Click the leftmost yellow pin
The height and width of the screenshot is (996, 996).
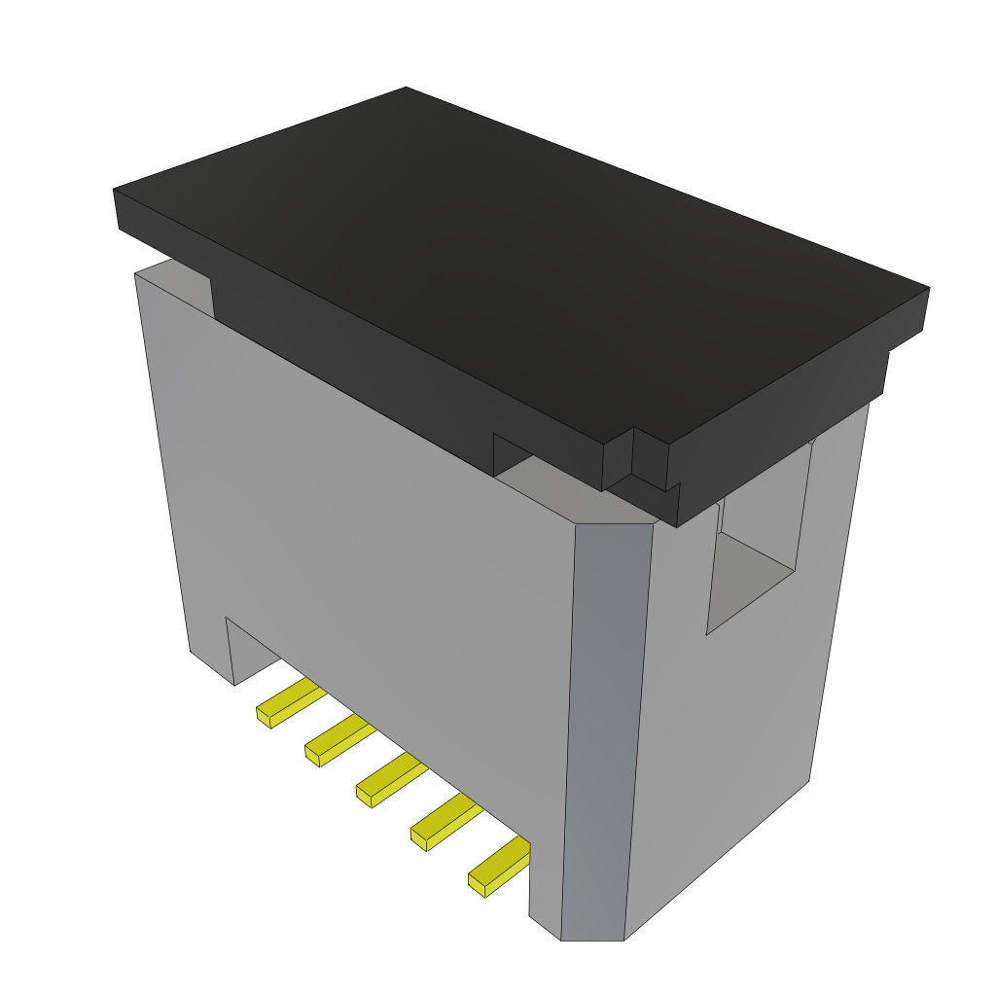pos(288,702)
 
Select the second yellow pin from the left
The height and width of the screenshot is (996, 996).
pos(338,740)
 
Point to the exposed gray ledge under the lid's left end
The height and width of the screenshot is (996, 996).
pos(175,272)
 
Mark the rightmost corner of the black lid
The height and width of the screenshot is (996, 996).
pos(928,289)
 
